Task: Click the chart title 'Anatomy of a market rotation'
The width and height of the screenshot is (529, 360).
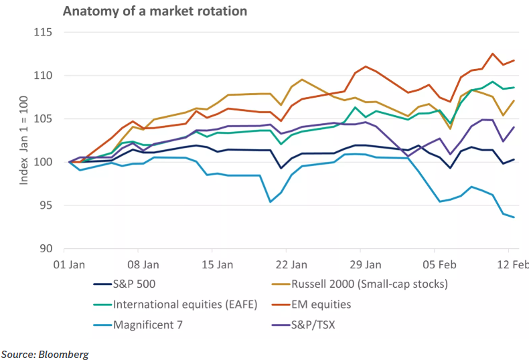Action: click(x=145, y=11)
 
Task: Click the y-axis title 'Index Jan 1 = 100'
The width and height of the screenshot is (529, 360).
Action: click(x=24, y=141)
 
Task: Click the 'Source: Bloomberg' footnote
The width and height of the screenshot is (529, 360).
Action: click(x=45, y=353)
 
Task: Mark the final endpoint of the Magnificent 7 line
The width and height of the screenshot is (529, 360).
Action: click(x=514, y=217)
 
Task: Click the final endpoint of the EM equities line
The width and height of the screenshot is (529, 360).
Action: click(x=514, y=60)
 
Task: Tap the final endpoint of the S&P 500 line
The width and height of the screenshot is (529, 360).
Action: click(x=514, y=159)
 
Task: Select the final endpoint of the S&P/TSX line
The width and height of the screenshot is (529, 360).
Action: click(x=514, y=127)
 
